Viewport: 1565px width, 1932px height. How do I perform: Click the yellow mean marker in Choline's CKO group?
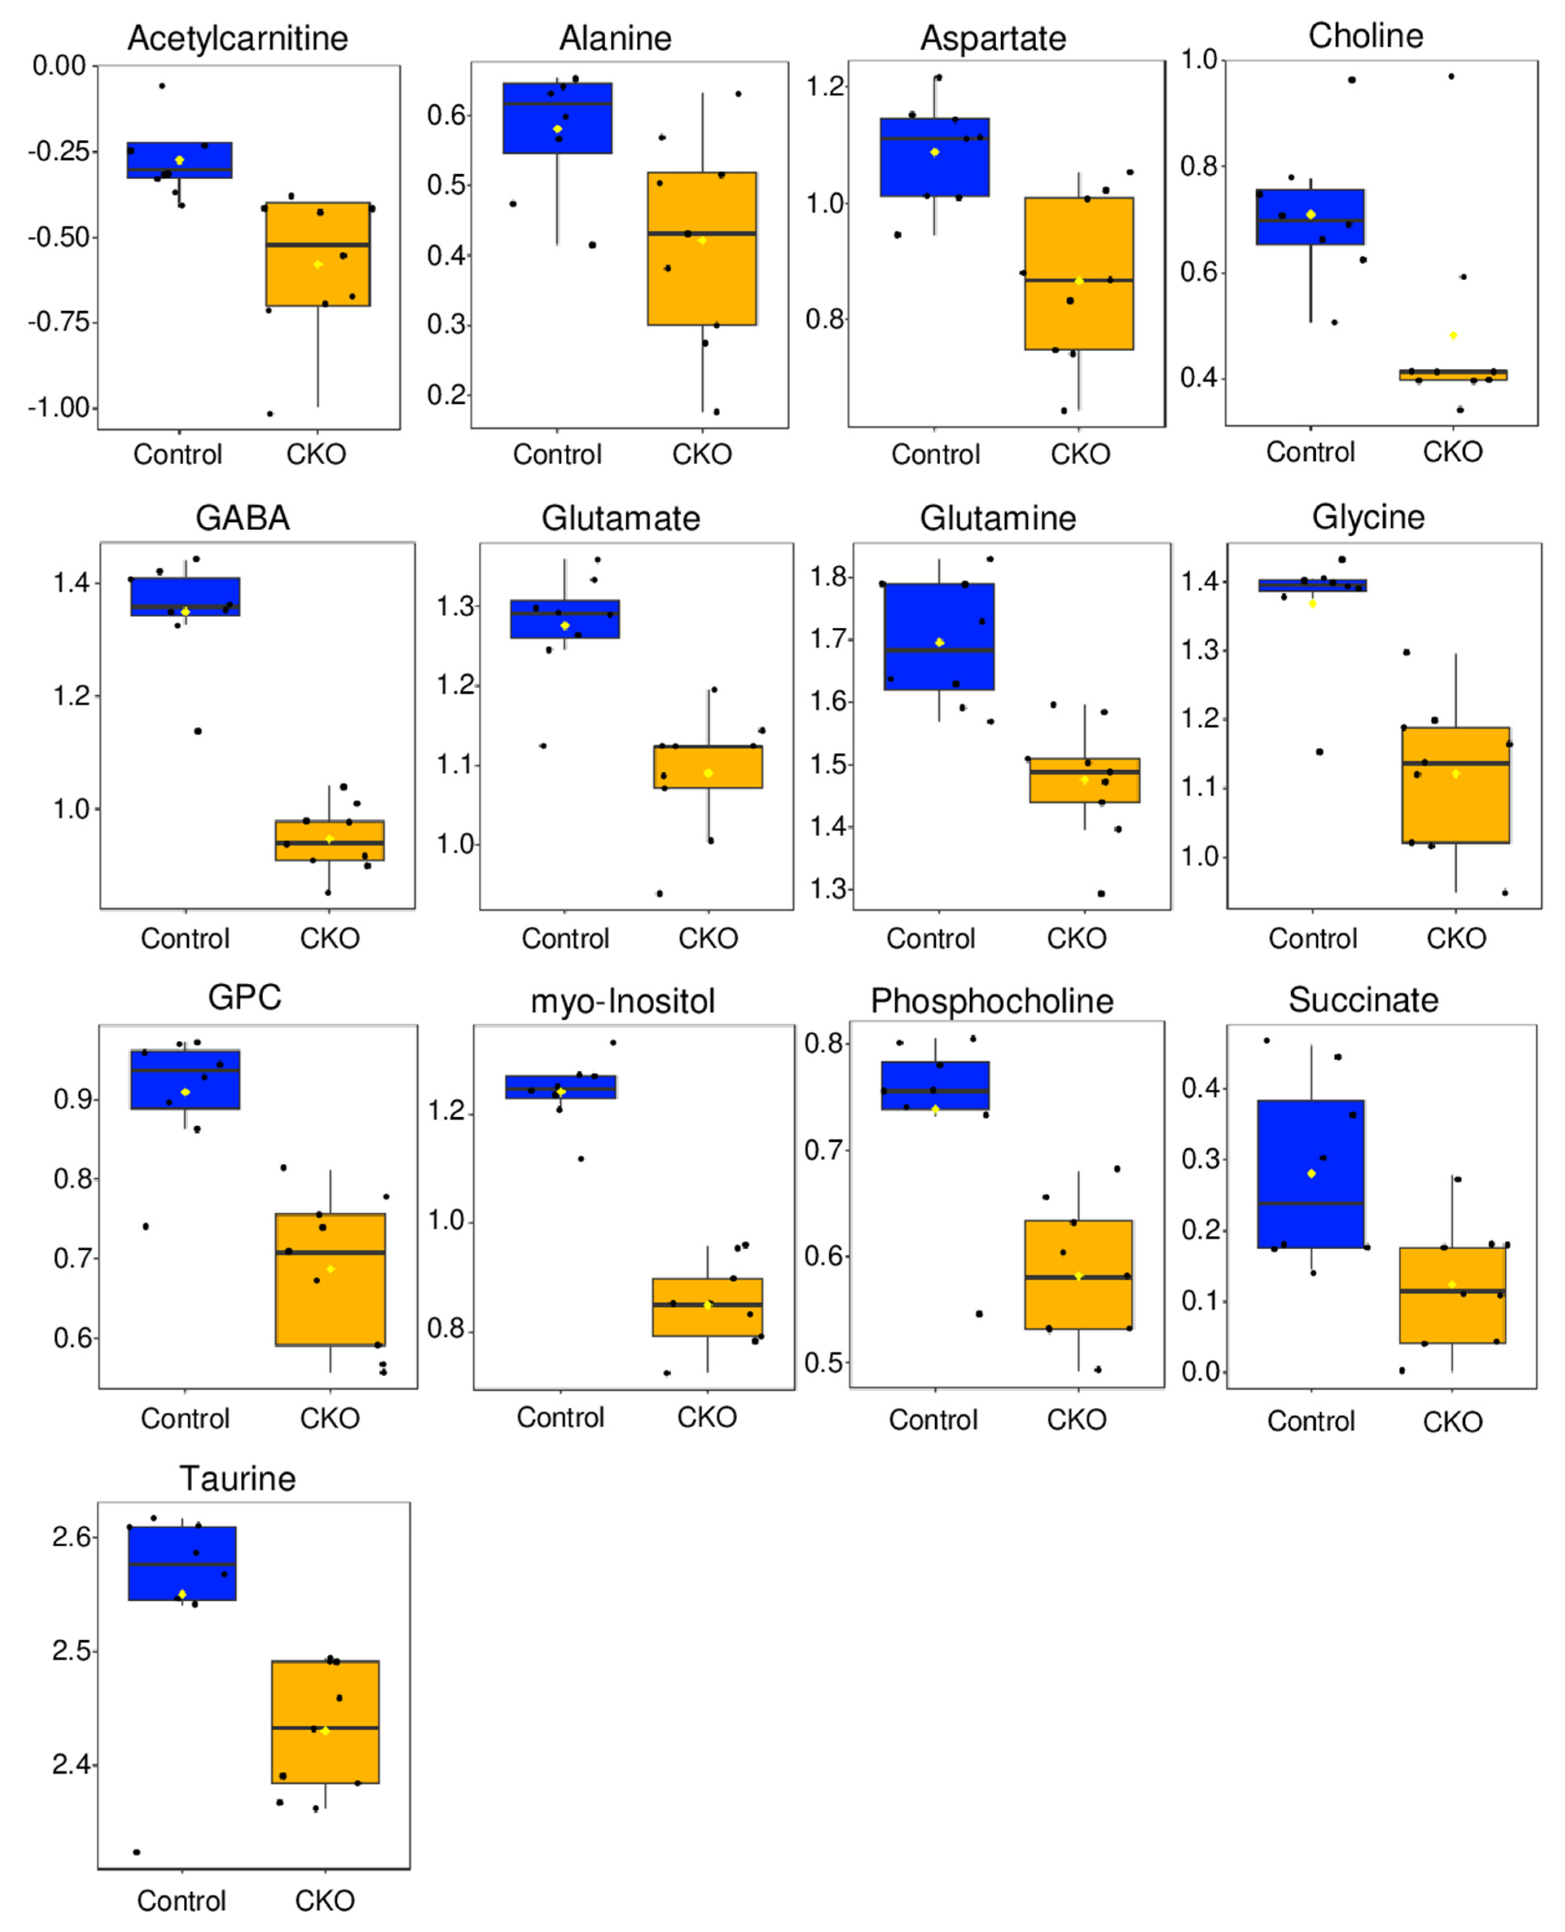[x=1453, y=335]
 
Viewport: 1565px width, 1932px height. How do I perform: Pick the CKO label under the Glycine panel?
[x=1456, y=939]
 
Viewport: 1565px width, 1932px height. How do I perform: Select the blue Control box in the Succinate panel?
[x=1311, y=1174]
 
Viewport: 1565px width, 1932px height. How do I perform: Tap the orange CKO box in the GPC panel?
[x=330, y=1279]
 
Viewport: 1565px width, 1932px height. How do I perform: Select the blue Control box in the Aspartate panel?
[x=935, y=157]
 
